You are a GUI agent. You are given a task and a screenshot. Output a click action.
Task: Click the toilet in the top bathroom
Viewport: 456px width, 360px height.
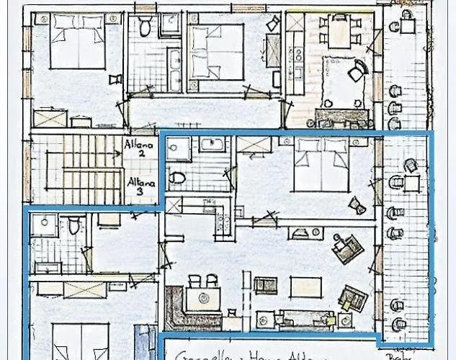click(145, 27)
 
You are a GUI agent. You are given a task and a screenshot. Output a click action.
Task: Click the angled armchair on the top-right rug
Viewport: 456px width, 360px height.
click(357, 71)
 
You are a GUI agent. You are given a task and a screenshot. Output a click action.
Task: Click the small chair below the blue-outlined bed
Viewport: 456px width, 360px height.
click(357, 206)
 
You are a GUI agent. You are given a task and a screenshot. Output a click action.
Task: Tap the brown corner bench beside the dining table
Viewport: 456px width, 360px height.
click(180, 305)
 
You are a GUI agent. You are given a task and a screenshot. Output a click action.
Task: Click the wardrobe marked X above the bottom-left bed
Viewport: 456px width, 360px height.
click(84, 290)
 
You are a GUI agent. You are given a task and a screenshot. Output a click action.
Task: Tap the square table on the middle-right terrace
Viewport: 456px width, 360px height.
click(411, 183)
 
